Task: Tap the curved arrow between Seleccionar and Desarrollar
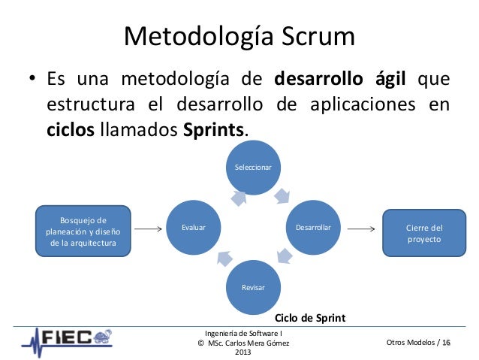pyautogui.click(x=282, y=195)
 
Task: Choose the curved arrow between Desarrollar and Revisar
pyautogui.click(x=284, y=256)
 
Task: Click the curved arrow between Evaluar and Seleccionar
pyautogui.click(x=238, y=197)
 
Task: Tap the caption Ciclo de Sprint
pyautogui.click(x=310, y=318)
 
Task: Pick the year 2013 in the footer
pyautogui.click(x=243, y=352)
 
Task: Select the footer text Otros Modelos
pyautogui.click(x=408, y=343)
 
